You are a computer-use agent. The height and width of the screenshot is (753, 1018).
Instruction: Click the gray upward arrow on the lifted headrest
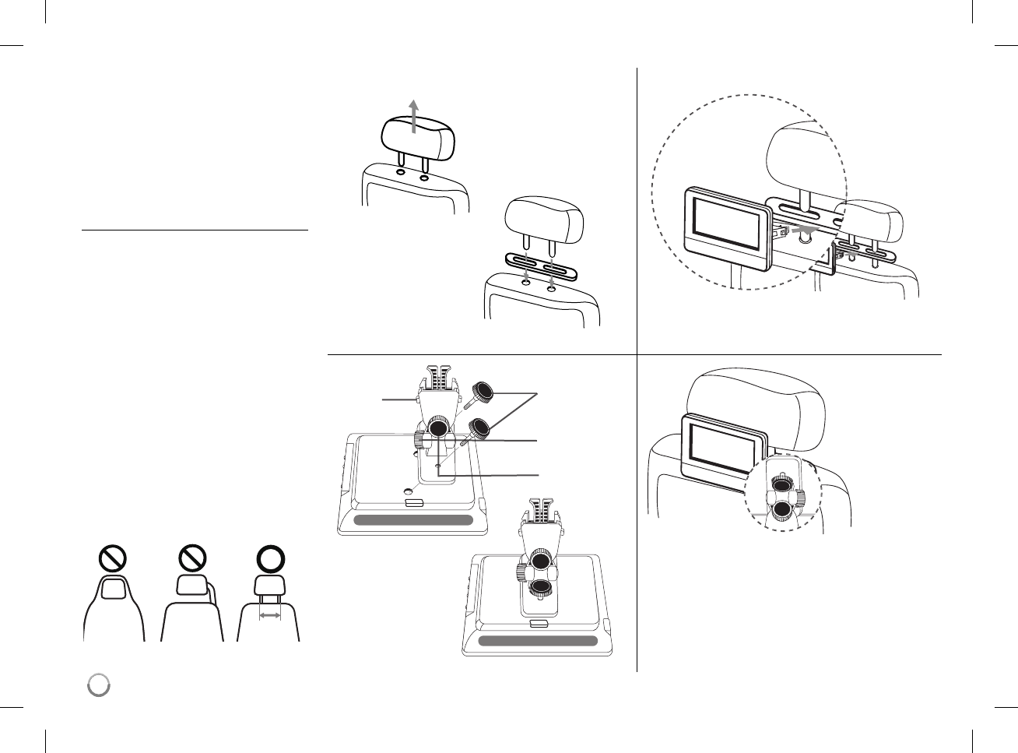tap(414, 117)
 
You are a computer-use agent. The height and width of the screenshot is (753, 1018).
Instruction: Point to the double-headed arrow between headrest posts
tap(270, 615)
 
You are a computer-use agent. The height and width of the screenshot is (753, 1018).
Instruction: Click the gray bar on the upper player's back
tap(413, 520)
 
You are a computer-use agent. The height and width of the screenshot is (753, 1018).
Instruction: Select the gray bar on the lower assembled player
tap(538, 641)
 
